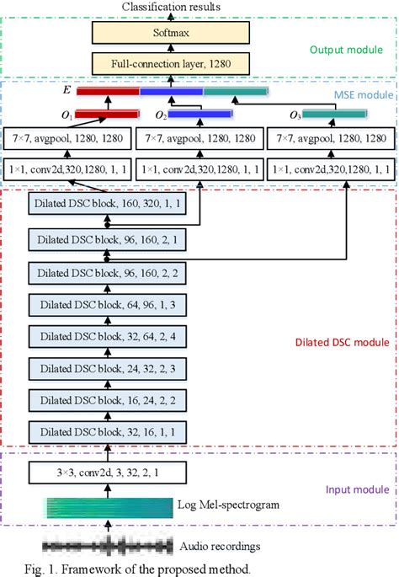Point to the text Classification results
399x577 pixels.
click(171, 7)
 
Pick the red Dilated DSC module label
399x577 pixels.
click(344, 342)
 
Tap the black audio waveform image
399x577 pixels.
click(106, 543)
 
